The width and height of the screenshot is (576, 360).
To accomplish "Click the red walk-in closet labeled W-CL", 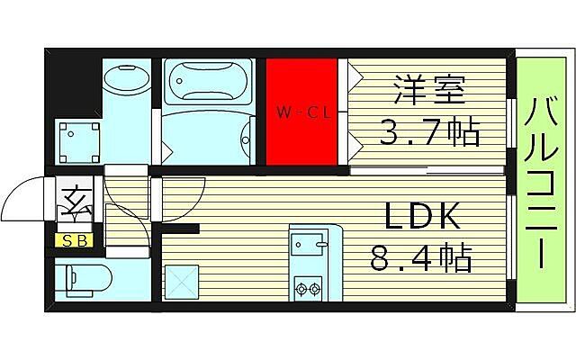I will point(301,112).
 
